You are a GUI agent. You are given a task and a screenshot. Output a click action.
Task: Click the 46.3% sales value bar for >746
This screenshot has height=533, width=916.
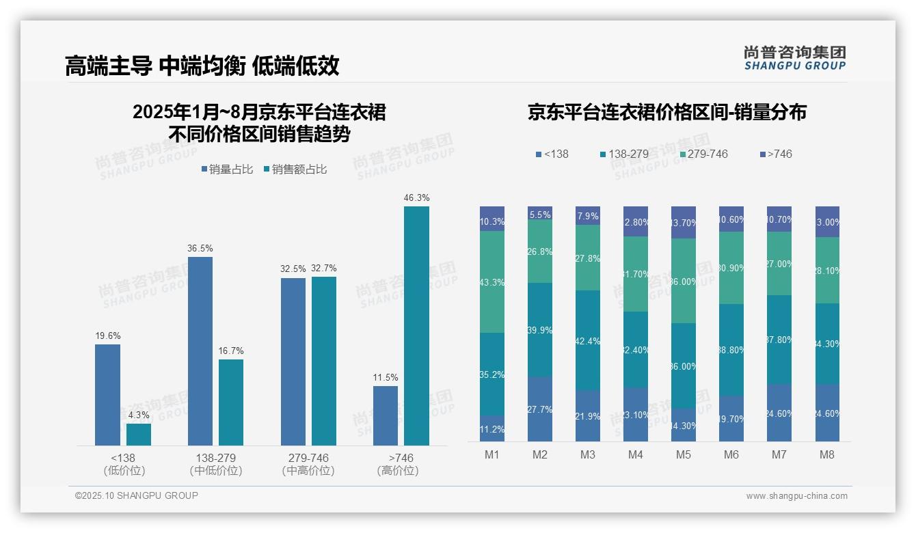click(x=416, y=326)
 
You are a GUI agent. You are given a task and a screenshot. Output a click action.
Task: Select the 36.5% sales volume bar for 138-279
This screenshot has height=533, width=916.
click(x=200, y=351)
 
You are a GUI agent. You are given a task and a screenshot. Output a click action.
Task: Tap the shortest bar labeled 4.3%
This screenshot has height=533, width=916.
click(x=139, y=435)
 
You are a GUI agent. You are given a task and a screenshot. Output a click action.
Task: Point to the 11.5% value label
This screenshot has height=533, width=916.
click(x=386, y=377)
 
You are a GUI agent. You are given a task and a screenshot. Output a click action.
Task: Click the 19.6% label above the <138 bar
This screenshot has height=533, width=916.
click(x=107, y=336)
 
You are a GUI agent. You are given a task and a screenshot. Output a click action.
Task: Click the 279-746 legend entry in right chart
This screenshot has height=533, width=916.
click(x=702, y=154)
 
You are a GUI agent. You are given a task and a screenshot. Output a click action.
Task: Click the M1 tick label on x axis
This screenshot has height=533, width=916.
click(x=492, y=454)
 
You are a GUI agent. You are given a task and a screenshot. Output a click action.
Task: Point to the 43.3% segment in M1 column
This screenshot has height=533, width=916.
click(x=492, y=282)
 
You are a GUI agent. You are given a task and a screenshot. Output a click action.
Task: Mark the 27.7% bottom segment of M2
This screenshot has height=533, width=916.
click(x=540, y=409)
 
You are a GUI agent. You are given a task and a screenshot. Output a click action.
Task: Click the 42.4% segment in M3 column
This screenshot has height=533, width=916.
click(x=588, y=340)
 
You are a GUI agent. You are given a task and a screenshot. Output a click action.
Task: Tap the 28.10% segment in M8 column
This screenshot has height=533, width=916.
click(x=827, y=270)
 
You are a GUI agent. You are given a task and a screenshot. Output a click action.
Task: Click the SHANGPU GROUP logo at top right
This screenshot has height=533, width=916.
click(x=794, y=57)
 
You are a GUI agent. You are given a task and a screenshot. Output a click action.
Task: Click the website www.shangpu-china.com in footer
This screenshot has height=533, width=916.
click(x=796, y=496)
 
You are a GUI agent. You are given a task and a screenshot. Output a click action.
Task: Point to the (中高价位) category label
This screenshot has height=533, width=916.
click(x=308, y=471)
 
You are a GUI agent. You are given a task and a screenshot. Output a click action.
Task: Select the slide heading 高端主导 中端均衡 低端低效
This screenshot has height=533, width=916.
click(x=202, y=66)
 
